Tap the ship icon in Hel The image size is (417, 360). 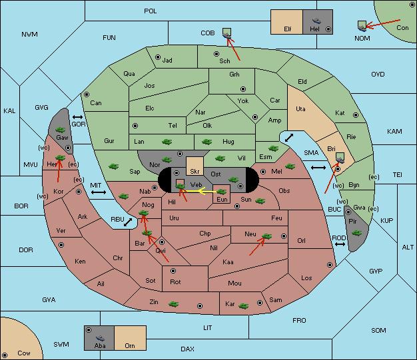click(316, 21)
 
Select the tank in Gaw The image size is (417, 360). click(61, 130)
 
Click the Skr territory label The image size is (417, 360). click(195, 172)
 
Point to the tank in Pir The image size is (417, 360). click(356, 234)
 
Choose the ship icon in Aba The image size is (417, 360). click(101, 338)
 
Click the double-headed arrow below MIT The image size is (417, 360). click(99, 192)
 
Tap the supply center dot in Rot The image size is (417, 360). click(173, 271)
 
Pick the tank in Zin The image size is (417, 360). click(174, 304)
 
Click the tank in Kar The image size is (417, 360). click(243, 306)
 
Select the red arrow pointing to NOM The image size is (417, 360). click(383, 23)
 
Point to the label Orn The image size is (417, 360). click(130, 345)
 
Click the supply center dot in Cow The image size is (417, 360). click(5, 355)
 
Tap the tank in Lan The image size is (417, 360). click(167, 142)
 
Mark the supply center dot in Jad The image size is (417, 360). click(158, 57)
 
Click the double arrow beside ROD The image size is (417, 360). click(340, 244)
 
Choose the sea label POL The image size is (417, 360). click(151, 11)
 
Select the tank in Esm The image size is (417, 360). click(273, 148)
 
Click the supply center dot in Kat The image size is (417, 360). click(356, 115)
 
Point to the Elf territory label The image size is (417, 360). click(288, 29)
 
